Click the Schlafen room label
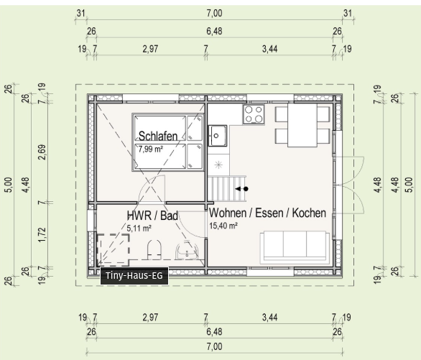tap(158, 136)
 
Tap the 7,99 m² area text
tap(151, 149)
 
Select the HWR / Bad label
tap(152, 216)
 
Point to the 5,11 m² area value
tap(139, 229)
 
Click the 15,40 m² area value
tap(223, 226)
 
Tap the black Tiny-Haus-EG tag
tap(134, 276)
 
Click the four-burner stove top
tap(254, 114)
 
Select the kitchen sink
tap(218, 136)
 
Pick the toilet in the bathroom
tap(154, 249)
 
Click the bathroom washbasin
tap(187, 251)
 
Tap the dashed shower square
tap(114, 249)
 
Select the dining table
tap(302, 125)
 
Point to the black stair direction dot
tap(246, 189)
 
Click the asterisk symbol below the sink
tap(219, 165)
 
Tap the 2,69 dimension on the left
tap(42, 152)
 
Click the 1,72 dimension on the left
tap(42, 234)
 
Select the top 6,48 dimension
tap(214, 31)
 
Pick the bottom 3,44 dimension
tap(269, 318)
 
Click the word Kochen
tap(309, 213)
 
